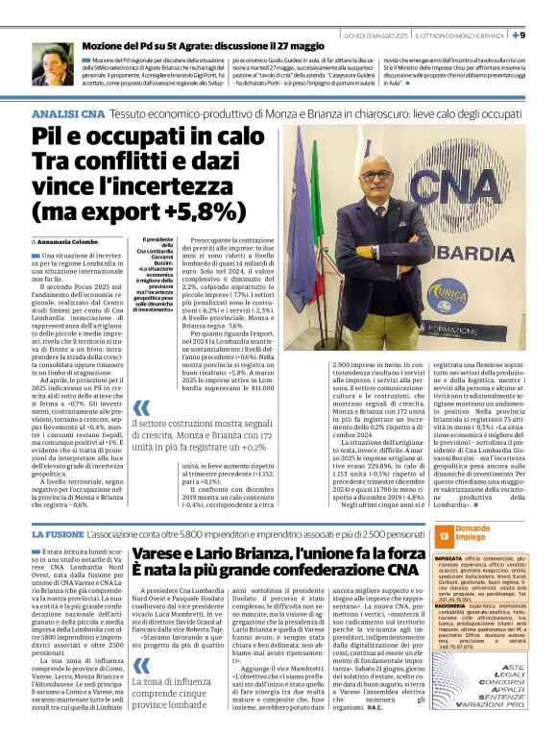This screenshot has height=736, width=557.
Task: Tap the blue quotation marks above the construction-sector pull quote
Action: (x=142, y=407)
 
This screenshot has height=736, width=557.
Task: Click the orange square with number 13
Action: (x=444, y=534)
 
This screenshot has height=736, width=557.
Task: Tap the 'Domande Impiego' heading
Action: (x=472, y=534)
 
